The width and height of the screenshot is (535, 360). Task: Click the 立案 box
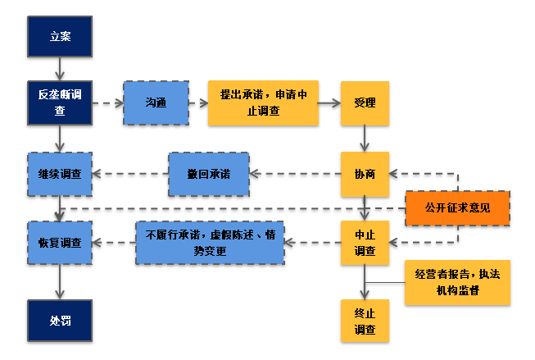coord(59,37)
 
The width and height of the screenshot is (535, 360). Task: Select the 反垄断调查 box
coord(59,103)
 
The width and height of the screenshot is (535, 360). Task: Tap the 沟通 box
coord(156,103)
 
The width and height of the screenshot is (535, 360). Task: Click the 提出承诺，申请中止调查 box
coord(262,103)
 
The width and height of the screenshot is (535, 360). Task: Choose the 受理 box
coord(365,103)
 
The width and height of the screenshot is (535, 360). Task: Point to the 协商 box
coord(365,173)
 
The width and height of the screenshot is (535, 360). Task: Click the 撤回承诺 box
coord(209,173)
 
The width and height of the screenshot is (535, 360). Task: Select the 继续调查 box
coord(59,173)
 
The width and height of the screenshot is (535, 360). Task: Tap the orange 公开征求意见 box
coord(457,207)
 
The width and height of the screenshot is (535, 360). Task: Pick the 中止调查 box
coord(365,243)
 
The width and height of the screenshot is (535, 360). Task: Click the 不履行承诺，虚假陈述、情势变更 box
coord(210,243)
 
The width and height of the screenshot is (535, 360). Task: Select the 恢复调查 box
coord(59,243)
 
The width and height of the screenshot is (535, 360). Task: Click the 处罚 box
coord(59,320)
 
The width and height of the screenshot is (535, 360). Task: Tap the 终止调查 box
coord(365,321)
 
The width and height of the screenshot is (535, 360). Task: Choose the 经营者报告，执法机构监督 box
coord(457,283)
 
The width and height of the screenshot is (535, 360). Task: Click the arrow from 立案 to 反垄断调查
coord(59,70)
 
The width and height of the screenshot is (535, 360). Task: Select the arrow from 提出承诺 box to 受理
coord(329,103)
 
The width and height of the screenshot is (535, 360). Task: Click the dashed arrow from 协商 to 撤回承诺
coord(295,174)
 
